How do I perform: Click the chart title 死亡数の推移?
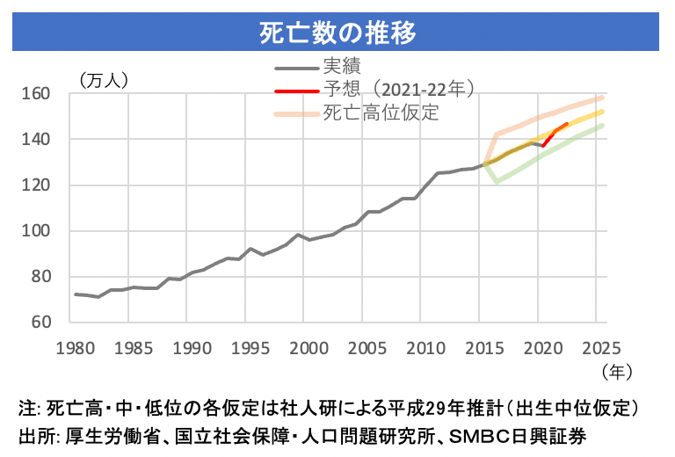point(337,32)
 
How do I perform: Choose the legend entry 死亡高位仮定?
point(381,113)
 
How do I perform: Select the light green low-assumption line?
point(545,159)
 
